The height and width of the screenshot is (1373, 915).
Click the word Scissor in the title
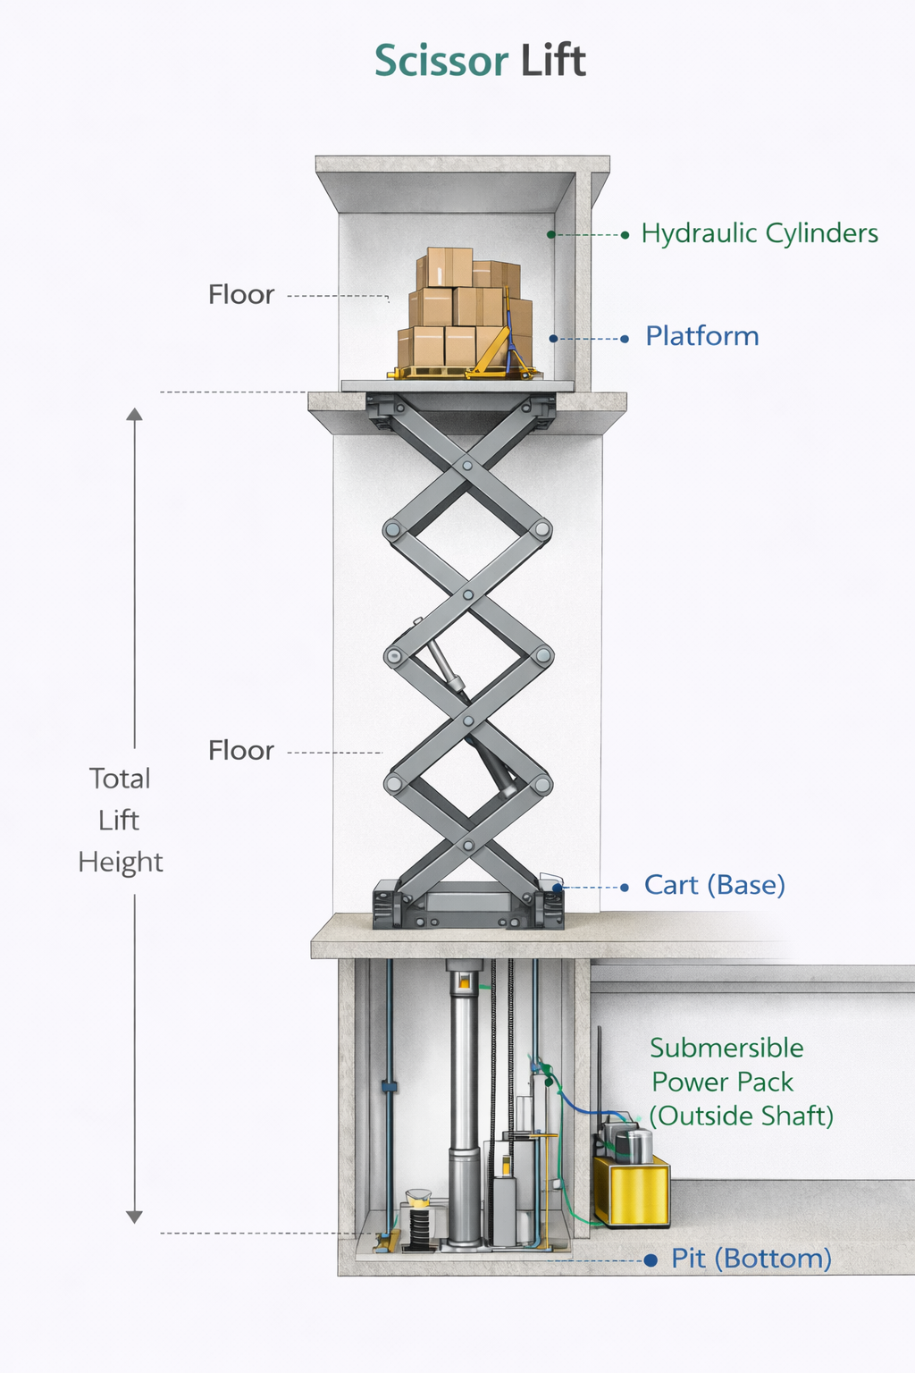click(441, 61)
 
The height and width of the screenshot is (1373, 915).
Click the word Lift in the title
click(554, 61)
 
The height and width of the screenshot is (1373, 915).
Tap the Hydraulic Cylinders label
click(760, 233)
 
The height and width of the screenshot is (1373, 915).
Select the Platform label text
click(702, 336)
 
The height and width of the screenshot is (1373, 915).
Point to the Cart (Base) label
click(715, 885)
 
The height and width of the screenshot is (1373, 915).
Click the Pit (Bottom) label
click(751, 1259)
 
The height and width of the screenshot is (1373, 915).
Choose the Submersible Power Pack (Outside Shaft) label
click(733, 1082)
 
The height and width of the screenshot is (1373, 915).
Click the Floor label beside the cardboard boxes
click(241, 294)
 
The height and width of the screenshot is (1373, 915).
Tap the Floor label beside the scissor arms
click(241, 750)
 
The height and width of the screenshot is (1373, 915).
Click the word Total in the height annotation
click(120, 779)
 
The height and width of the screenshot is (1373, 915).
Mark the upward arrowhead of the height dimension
click(134, 414)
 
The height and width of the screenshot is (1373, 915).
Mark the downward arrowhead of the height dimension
click(134, 1216)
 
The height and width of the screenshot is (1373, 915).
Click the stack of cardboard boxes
click(465, 308)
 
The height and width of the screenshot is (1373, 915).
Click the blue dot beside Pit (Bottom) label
click(651, 1260)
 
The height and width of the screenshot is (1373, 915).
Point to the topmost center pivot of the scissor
click(467, 466)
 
